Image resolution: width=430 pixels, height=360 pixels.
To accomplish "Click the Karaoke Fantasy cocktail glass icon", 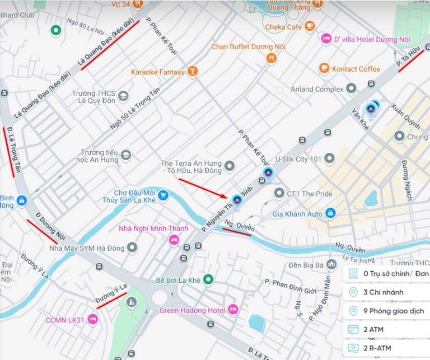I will coord(193,71).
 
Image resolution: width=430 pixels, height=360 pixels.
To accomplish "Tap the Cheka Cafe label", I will coord(283,27).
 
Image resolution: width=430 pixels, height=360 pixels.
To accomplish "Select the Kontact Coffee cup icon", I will coord(324,68).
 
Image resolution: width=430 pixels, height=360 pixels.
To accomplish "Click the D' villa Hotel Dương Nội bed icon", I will coord(326,39).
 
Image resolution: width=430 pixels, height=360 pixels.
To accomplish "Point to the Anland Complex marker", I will coord(351,88).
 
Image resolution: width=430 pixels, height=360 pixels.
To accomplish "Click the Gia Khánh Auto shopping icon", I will coord(330,213).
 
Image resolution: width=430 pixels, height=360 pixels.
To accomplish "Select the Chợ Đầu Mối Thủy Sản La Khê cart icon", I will coord(163,195).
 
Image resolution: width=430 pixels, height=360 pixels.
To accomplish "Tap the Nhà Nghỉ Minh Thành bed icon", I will coord(174,240).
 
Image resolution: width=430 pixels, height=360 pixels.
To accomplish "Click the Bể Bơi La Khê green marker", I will coord(208,279).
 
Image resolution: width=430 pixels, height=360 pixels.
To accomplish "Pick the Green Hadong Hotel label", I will coord(192,310).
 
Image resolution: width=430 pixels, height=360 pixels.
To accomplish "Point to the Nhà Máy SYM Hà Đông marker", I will coord(132,247).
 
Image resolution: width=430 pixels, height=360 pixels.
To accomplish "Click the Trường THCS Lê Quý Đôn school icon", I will coord(123,96).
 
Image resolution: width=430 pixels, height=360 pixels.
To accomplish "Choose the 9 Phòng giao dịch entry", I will coord(386,311).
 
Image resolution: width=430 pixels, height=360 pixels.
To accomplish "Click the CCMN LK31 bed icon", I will coord(93,320).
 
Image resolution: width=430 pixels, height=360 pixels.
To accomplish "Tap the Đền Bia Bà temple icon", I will coord(332,264).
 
